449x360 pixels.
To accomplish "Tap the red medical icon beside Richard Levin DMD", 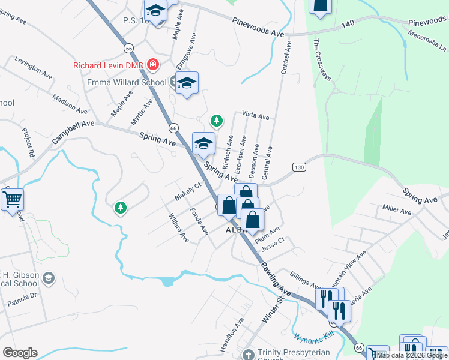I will pos(154,64).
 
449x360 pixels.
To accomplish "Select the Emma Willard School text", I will pos(127,82).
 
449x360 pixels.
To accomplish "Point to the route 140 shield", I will pos(347,25).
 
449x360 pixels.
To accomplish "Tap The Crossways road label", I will pos(322,60).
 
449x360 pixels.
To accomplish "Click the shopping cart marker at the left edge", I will pos(12,199).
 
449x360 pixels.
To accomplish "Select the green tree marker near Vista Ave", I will pos(216,121).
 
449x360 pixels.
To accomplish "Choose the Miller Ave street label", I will pos(397,210).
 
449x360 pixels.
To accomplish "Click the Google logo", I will pos(20,353).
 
